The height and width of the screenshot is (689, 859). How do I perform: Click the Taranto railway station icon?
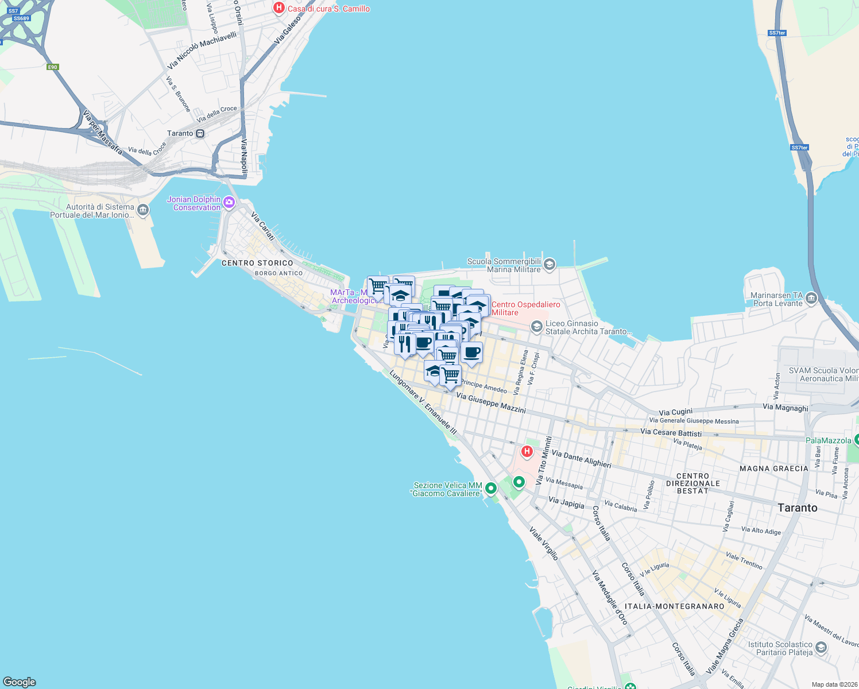click(x=200, y=134)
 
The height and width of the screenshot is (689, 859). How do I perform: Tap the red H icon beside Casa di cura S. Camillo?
click(x=279, y=8)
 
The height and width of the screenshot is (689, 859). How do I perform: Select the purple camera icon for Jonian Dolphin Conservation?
click(x=229, y=202)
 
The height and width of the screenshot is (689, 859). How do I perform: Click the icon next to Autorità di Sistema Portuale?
click(x=143, y=210)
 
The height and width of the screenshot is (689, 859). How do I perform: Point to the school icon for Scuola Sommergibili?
click(x=550, y=264)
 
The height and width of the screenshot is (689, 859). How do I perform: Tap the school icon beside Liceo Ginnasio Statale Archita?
click(x=536, y=327)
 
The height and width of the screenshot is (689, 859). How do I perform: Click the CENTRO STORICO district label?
click(x=257, y=263)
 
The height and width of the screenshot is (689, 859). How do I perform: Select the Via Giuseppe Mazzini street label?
click(x=491, y=402)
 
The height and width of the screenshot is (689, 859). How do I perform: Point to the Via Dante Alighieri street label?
click(x=581, y=458)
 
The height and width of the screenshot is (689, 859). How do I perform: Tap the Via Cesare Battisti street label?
click(x=671, y=432)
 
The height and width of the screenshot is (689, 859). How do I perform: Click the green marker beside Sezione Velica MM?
click(x=491, y=489)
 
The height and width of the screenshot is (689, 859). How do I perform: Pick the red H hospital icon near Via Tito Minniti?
click(x=527, y=451)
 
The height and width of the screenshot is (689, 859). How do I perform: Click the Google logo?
click(x=20, y=682)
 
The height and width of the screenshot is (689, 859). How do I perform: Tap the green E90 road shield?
click(x=53, y=67)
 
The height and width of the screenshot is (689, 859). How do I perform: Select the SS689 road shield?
click(x=21, y=18)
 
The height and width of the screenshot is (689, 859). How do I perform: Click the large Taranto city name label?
click(x=797, y=508)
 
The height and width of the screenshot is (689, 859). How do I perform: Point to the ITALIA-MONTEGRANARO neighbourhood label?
click(x=675, y=606)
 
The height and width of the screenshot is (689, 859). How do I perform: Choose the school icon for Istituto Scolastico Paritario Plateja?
click(x=821, y=648)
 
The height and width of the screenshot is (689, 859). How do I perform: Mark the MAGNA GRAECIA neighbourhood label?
click(x=773, y=469)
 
